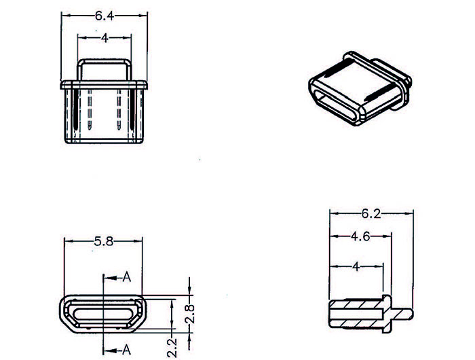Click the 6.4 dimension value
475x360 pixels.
click(x=104, y=14)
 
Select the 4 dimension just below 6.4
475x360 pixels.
click(x=104, y=39)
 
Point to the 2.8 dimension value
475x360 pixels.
click(x=191, y=314)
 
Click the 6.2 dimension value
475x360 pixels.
click(x=370, y=214)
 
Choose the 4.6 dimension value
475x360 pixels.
click(x=360, y=237)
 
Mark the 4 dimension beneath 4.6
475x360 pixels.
click(x=356, y=267)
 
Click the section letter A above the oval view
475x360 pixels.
click(x=126, y=277)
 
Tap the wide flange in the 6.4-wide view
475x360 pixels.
click(x=104, y=84)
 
